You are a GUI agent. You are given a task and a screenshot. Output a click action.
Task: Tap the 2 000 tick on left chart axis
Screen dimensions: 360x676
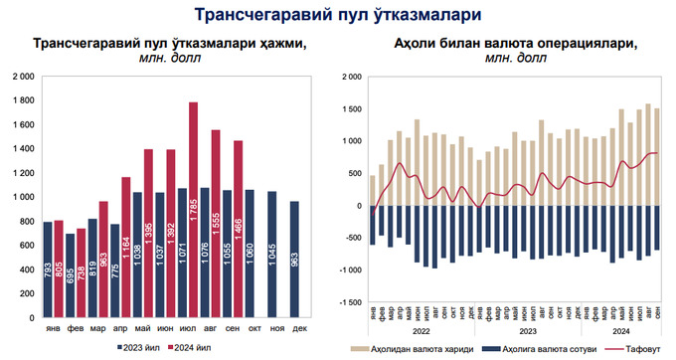point(24,77)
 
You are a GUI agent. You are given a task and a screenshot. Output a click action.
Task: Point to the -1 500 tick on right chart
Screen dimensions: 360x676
point(347,301)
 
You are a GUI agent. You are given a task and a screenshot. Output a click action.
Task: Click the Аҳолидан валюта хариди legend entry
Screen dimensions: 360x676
point(415,349)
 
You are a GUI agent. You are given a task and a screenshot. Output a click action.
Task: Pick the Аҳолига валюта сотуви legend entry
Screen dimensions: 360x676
point(537,349)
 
